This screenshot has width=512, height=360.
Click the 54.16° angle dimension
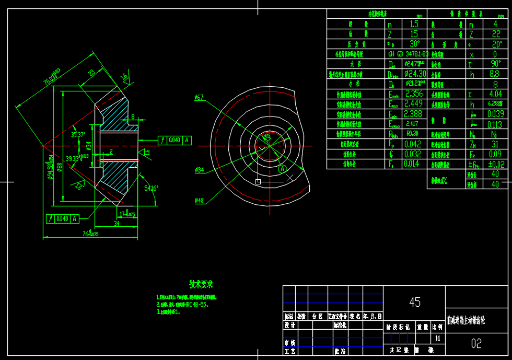coord(151,188)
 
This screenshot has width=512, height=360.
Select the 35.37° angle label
coord(78,134)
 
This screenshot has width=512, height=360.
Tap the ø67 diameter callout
coord(199,97)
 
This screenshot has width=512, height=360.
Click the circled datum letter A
coord(283,169)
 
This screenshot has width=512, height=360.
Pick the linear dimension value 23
coord(91,72)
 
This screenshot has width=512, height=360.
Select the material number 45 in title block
coord(415,302)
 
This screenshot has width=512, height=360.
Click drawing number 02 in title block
coord(476,343)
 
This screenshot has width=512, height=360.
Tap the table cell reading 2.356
coord(414,94)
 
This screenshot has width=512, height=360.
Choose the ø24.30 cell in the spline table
coord(415,74)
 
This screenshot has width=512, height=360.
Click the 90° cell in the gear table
coord(495,64)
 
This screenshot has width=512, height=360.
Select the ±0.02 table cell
coord(495,164)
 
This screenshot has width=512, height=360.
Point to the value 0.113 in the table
coord(495,124)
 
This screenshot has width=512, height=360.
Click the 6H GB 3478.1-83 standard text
coord(408,54)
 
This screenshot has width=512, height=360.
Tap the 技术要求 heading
coord(201,285)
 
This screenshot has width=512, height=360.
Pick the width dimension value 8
coord(133,117)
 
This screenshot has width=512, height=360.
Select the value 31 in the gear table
coord(495,144)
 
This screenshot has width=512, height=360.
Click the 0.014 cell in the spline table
coord(412,164)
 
